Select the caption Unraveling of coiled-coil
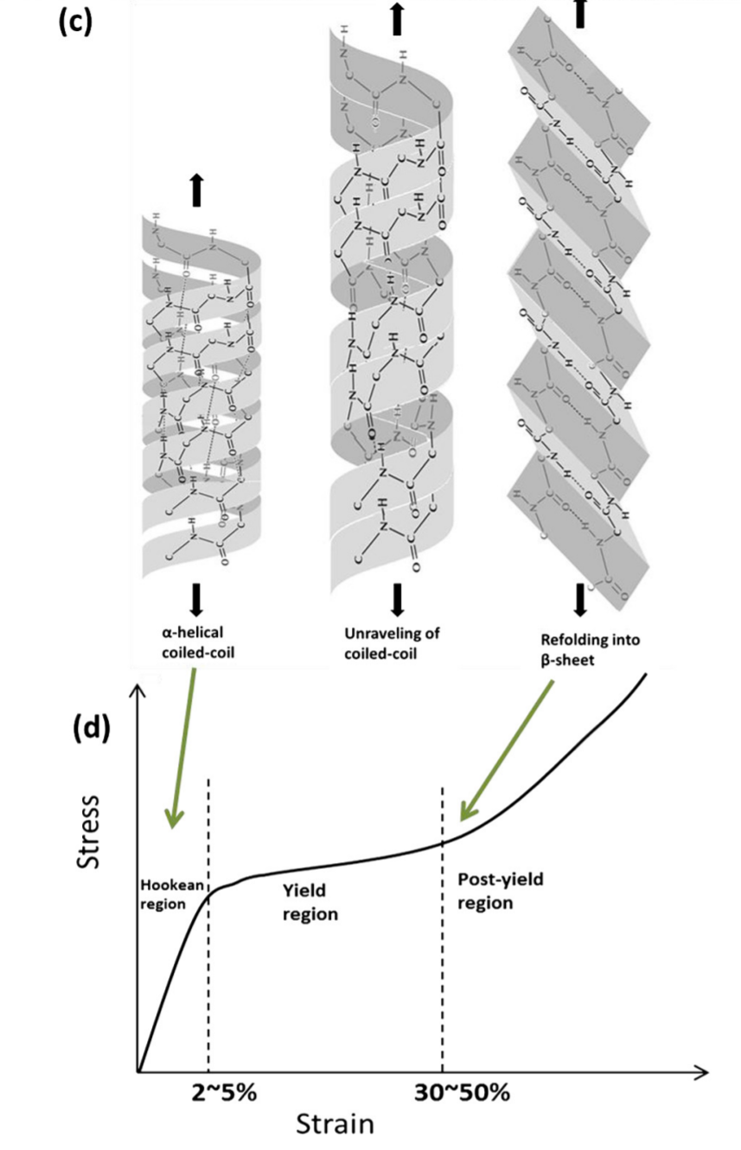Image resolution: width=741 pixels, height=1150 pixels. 392,643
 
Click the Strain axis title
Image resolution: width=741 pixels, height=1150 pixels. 335,1123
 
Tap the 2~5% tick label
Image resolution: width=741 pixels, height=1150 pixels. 223,1092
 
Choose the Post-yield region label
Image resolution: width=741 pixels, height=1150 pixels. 494,891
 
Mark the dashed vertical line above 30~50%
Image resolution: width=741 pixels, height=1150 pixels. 443,934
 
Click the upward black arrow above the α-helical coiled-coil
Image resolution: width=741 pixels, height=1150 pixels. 197,188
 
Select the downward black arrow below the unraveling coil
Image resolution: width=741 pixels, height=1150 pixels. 398,598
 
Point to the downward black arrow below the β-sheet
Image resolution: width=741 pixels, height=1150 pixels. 580,598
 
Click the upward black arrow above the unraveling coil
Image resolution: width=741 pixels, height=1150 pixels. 397,17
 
